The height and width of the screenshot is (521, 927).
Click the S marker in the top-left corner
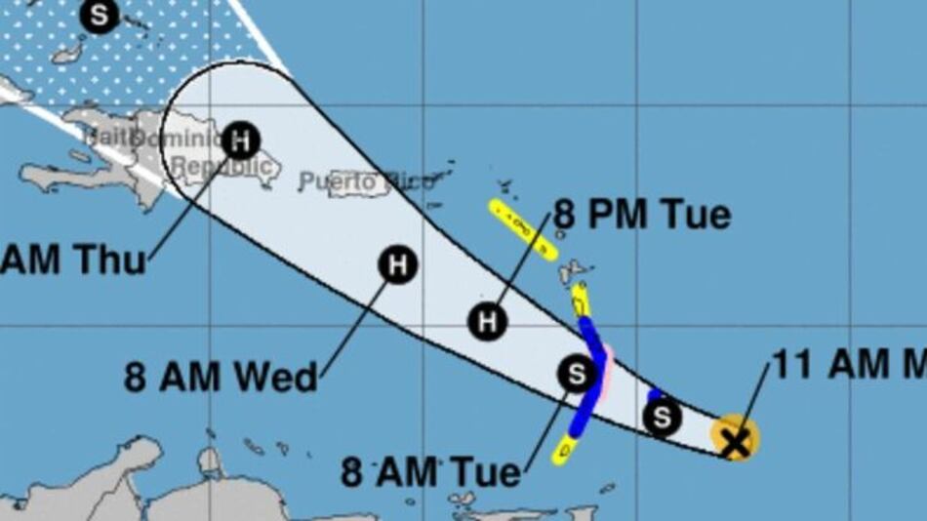click(x=100, y=16)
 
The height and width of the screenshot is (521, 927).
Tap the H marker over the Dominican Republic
click(x=240, y=140)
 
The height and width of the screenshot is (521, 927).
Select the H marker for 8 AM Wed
click(x=397, y=264)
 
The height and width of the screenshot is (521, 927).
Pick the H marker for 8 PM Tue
click(x=487, y=321)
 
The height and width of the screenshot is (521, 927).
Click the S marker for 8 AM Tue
click(x=577, y=373)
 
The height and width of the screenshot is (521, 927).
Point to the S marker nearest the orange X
click(x=663, y=418)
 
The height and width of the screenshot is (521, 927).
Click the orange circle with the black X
click(x=734, y=438)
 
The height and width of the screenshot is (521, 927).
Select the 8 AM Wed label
click(x=222, y=377)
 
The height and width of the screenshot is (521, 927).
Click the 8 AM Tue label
click(x=430, y=473)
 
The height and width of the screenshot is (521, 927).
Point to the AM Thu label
click(x=73, y=260)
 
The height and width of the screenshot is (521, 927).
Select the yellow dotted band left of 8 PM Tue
click(x=522, y=228)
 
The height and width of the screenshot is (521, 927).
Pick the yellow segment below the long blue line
click(x=564, y=449)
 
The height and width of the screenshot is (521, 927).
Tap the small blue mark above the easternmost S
click(x=656, y=394)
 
